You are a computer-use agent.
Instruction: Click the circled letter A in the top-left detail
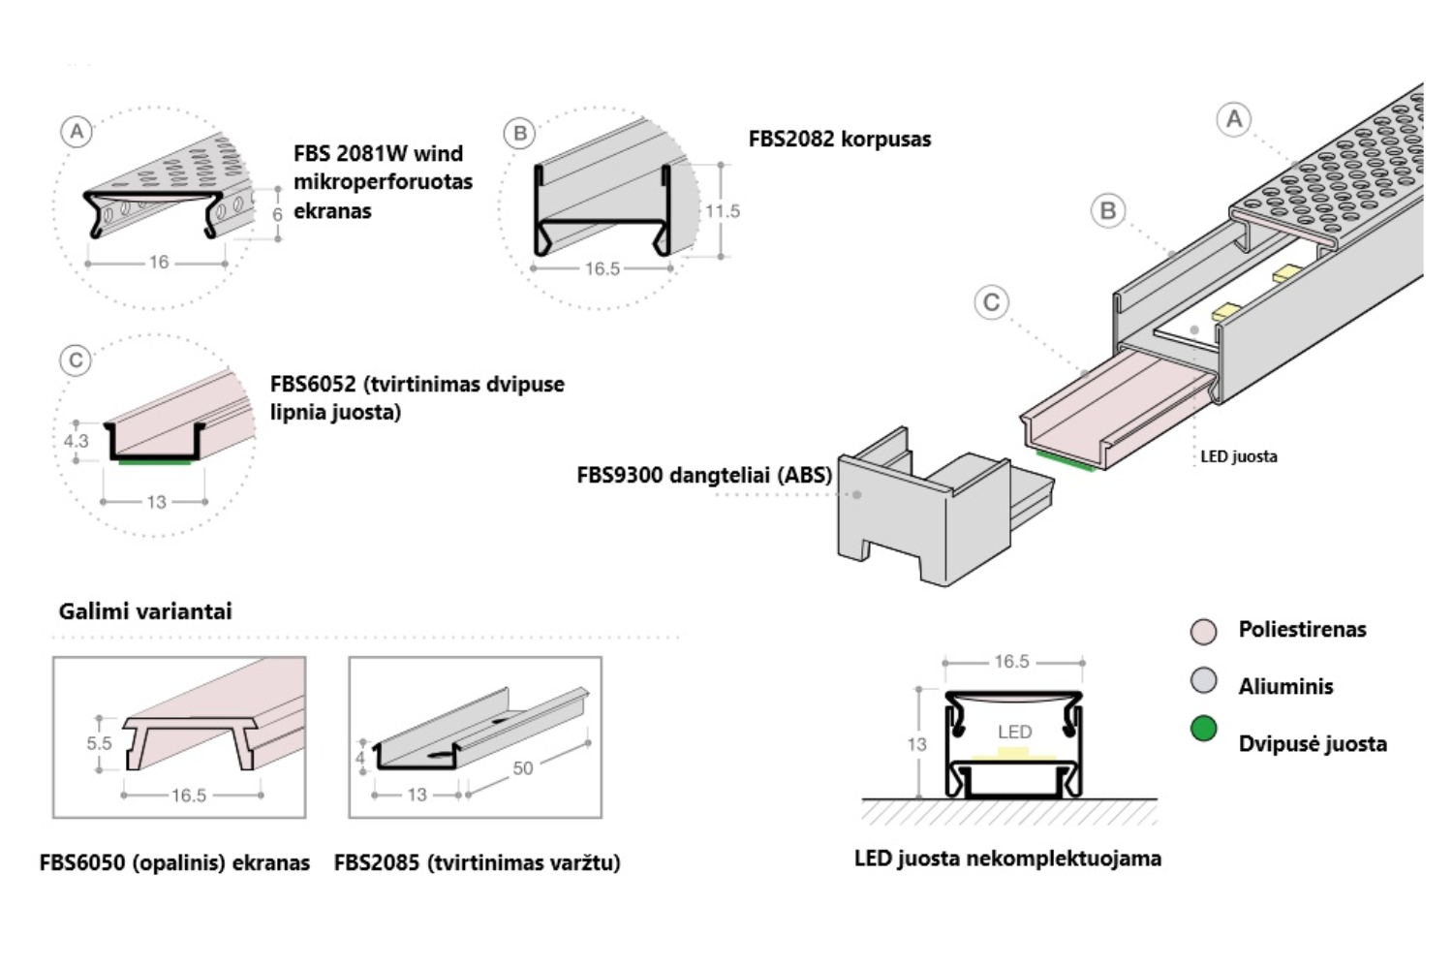click(x=77, y=131)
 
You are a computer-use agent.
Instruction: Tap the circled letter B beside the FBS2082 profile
click(x=520, y=133)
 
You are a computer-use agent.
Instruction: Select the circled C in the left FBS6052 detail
click(x=77, y=360)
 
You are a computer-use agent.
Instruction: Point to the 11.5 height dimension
click(x=723, y=211)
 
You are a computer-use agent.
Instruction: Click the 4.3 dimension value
click(x=76, y=441)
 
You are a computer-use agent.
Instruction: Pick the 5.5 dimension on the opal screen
click(x=99, y=743)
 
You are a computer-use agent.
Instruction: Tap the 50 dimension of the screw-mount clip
click(x=523, y=768)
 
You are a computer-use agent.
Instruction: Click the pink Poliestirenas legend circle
click(x=1203, y=632)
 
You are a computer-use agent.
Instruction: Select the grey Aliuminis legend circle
click(x=1203, y=681)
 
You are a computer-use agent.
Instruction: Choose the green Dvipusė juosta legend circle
click(x=1203, y=729)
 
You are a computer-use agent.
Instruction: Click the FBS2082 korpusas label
click(x=839, y=139)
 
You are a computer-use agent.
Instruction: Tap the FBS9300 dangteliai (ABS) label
click(x=704, y=475)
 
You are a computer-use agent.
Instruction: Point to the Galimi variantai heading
click(x=145, y=611)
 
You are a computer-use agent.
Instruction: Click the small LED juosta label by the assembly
click(x=1238, y=456)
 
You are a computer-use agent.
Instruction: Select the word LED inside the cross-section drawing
click(x=1014, y=732)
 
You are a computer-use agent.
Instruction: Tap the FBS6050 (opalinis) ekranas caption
click(x=174, y=862)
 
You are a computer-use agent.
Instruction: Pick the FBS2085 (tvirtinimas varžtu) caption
click(x=477, y=862)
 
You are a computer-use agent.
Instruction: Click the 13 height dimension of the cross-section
click(x=916, y=744)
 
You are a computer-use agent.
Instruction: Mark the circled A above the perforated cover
click(x=1233, y=119)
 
